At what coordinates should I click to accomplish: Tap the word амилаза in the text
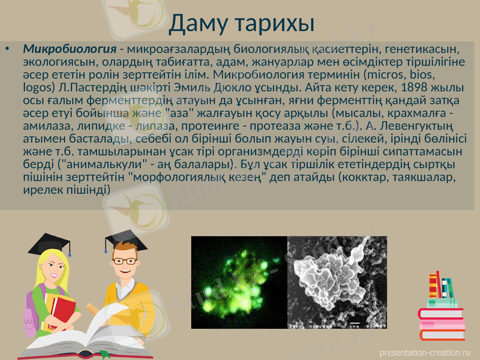pos(41,125)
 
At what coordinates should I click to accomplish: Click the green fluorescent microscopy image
pos(239,282)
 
